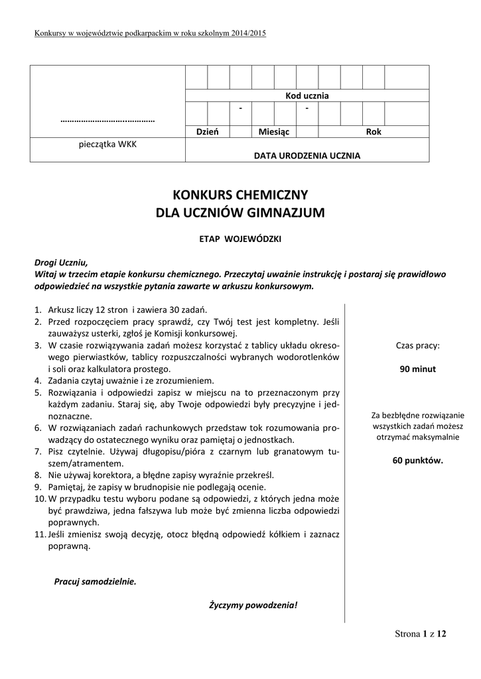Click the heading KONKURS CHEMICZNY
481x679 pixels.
[240, 195]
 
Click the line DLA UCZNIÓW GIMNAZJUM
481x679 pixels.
[240, 213]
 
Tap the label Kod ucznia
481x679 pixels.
[307, 95]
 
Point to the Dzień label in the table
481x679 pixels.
[207, 132]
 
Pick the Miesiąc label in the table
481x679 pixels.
[274, 132]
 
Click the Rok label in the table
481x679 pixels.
[374, 132]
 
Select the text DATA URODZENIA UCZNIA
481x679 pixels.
[307, 156]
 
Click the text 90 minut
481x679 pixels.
[418, 369]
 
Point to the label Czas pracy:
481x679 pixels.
[418, 345]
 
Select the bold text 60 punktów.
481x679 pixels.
[418, 461]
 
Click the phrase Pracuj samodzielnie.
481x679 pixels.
[95, 582]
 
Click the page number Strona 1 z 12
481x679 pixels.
[421, 634]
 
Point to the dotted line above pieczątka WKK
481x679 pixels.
[107, 121]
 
